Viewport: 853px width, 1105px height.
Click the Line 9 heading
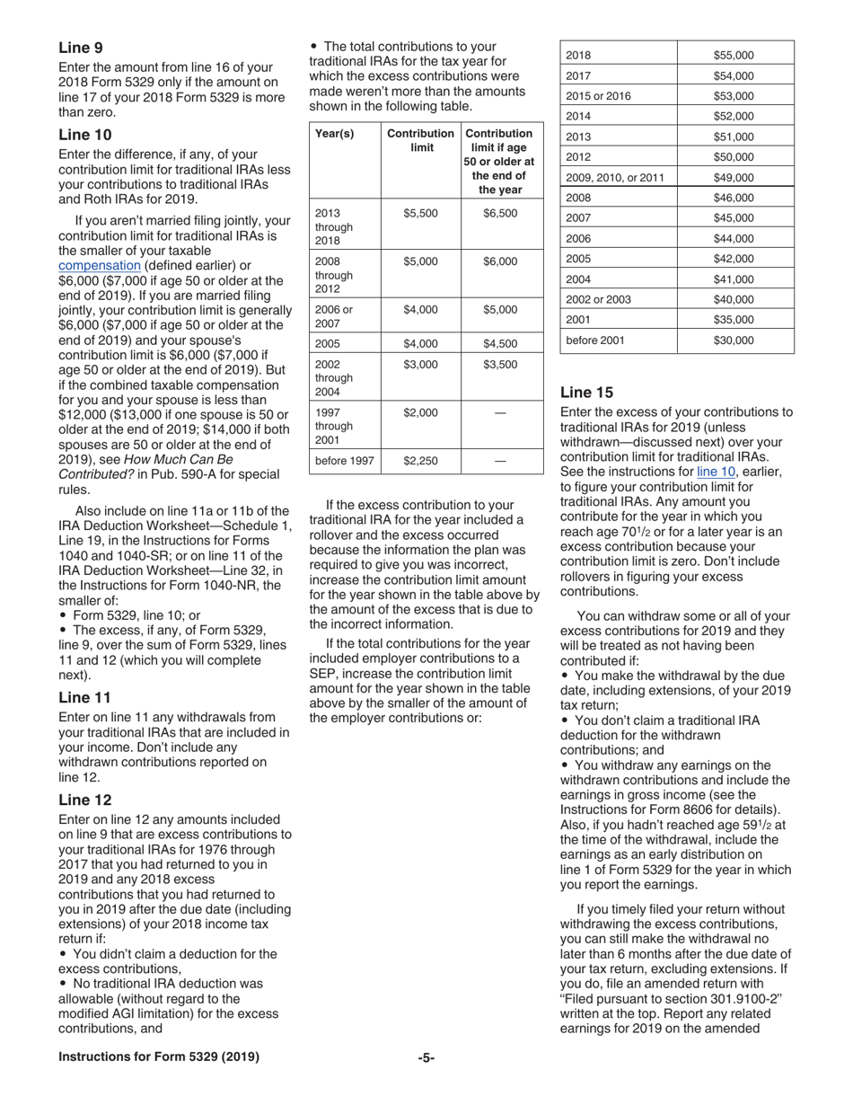(x=80, y=47)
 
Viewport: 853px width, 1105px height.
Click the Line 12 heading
(x=85, y=800)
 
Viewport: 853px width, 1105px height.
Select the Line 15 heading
(x=587, y=392)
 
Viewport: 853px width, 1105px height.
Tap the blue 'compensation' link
(x=99, y=266)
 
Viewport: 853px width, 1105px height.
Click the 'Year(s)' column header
(x=335, y=134)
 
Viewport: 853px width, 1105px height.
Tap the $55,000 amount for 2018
(x=734, y=56)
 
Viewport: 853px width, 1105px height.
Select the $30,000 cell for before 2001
(x=734, y=340)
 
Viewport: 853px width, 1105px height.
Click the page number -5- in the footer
(x=426, y=1057)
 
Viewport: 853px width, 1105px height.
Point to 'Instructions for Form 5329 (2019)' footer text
(x=159, y=1057)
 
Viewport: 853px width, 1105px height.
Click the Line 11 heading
(x=85, y=697)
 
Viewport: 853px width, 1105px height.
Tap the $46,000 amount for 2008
(x=734, y=198)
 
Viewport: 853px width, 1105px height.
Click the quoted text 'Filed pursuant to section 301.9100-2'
(x=673, y=998)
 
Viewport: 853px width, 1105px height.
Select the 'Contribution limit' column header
(x=420, y=140)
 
